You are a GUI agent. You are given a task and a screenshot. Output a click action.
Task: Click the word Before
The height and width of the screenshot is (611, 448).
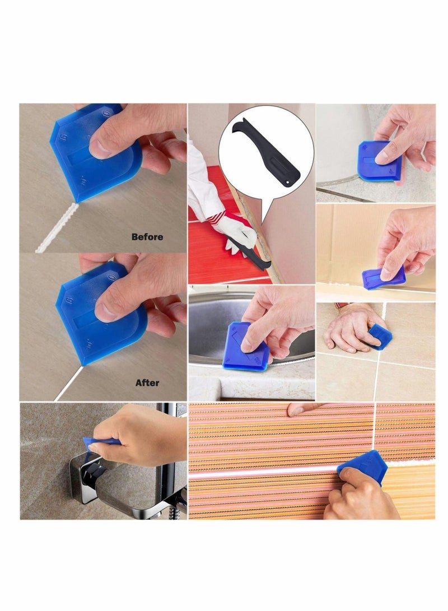coord(147,237)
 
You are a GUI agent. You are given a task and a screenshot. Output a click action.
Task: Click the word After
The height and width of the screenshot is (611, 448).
coord(147,383)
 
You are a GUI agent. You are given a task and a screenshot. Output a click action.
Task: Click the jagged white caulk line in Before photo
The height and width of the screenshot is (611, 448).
coord(53,230)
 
